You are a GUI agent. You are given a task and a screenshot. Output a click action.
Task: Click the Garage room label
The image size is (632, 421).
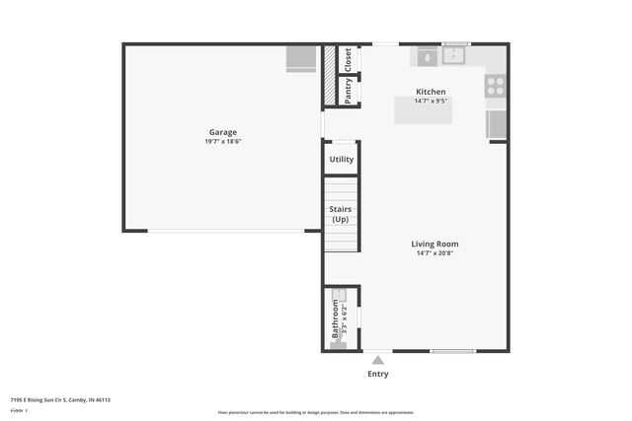coord(222,132)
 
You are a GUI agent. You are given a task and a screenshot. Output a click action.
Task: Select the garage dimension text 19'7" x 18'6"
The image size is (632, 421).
coord(222,141)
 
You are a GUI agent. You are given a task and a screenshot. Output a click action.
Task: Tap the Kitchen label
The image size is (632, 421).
coord(431,92)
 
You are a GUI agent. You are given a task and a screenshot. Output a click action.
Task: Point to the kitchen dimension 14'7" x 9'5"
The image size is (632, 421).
coord(431,101)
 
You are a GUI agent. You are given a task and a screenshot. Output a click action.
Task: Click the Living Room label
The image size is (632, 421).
coord(434,244)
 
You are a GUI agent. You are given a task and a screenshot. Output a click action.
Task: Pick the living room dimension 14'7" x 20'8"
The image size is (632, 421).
coord(434,253)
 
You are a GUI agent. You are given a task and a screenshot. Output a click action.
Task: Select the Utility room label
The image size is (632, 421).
coord(342,159)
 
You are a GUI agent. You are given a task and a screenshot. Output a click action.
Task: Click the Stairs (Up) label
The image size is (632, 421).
coord(341,214)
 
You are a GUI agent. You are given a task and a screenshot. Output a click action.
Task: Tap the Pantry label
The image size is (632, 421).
coord(348,91)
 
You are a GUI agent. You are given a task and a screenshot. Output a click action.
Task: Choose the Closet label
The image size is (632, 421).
coord(348,59)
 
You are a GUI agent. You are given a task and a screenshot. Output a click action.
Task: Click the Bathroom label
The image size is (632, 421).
coord(335,321)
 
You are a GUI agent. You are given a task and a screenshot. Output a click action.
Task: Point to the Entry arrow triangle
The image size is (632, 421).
coord(377,360)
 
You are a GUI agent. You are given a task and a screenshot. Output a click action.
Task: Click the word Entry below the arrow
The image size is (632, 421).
coord(377,374)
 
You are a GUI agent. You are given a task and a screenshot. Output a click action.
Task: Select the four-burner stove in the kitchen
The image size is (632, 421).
coord(495,86)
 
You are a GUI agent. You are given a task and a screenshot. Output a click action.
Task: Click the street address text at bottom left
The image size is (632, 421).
coord(60,400)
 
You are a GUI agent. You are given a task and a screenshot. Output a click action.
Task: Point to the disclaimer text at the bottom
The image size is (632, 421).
coord(316,412)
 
